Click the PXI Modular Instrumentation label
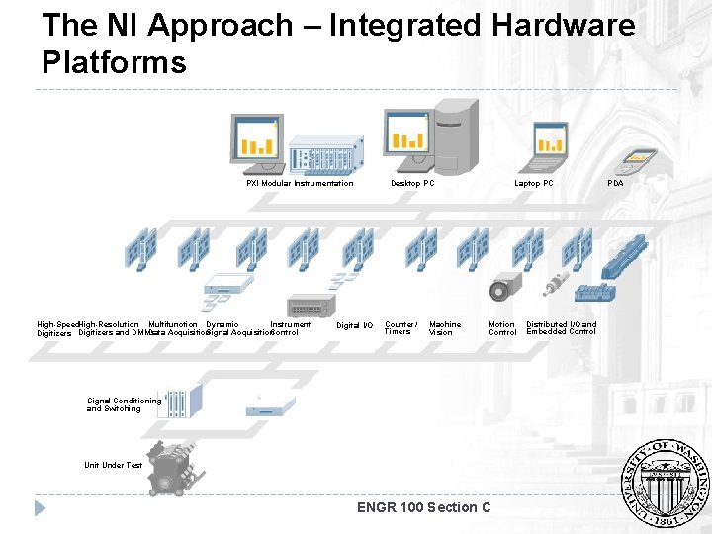pyautogui.click(x=300, y=183)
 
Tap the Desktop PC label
pyautogui.click(x=412, y=183)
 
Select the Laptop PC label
pyautogui.click(x=534, y=183)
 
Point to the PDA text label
pyautogui.click(x=615, y=183)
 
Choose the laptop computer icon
pyautogui.click(x=550, y=143)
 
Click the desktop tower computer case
pyautogui.click(x=446, y=138)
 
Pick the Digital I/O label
pyautogui.click(x=355, y=325)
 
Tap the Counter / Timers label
pyautogui.click(x=400, y=328)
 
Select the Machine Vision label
pyautogui.click(x=445, y=328)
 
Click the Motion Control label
pyautogui.click(x=502, y=328)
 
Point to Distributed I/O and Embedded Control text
pyautogui.click(x=562, y=327)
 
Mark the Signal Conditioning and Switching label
pyautogui.click(x=124, y=404)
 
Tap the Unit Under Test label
pyautogui.click(x=113, y=465)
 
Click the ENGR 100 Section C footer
pyautogui.click(x=423, y=507)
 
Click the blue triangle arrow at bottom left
pyautogui.click(x=41, y=508)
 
